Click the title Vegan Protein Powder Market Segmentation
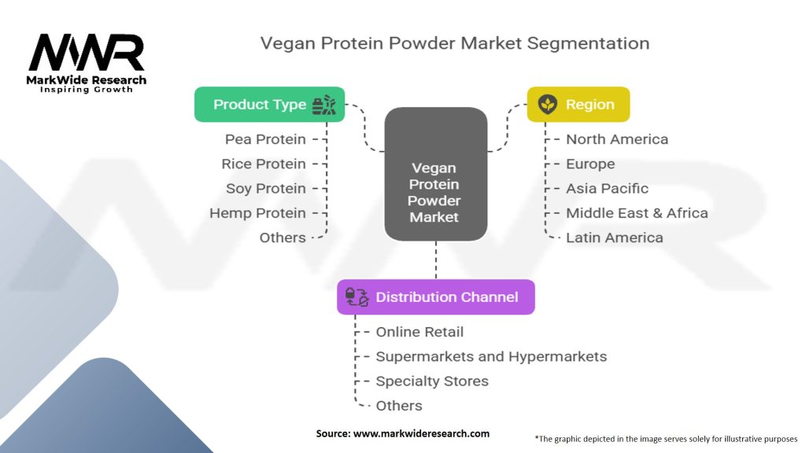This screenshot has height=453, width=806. [455, 43]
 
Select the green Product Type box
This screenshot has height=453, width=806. [269, 105]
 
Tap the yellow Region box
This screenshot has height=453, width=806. [578, 105]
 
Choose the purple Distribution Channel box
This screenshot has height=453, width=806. [436, 297]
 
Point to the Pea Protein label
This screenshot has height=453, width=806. [265, 139]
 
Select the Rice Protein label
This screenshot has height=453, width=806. [264, 164]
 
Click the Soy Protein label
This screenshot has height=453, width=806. [266, 189]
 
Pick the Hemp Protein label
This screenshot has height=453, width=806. [257, 213]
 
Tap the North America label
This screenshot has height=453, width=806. [617, 139]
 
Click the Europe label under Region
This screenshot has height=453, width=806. [590, 164]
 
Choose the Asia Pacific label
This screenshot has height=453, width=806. [607, 189]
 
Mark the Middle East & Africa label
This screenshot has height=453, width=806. [637, 213]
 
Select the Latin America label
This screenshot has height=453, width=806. [615, 238]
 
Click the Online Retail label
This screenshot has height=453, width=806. [420, 332]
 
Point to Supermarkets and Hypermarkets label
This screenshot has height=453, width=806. [491, 356]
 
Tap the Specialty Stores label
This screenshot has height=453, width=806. [432, 381]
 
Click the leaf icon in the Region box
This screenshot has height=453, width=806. [548, 105]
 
